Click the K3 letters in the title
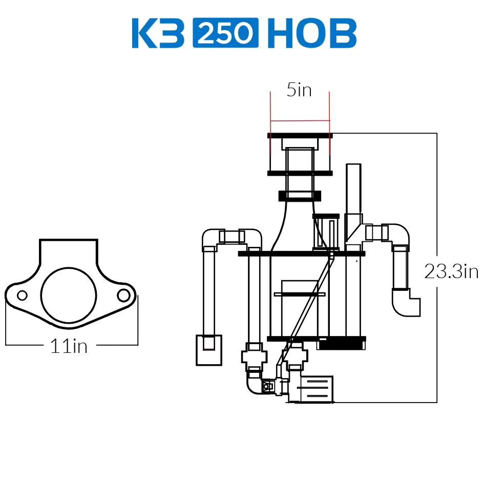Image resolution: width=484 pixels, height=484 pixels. (158, 33)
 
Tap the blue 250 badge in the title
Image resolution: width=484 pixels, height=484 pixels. (225, 33)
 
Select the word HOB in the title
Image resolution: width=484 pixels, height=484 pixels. (312, 33)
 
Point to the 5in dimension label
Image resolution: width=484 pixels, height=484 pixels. (299, 90)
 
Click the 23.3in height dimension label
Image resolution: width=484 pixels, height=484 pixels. (451, 271)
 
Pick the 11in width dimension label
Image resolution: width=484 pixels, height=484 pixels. (69, 346)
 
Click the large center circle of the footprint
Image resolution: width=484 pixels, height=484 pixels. (69, 295)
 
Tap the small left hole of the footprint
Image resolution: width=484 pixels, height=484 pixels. (22, 296)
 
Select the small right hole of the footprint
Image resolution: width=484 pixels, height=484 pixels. (123, 296)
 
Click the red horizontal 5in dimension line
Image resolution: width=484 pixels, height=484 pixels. (300, 120)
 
